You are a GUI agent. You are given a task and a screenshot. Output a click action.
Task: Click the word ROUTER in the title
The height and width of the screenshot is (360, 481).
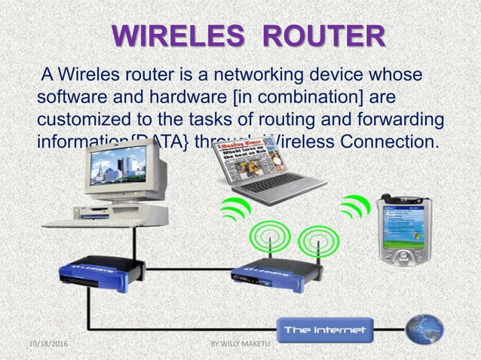tap(326, 38)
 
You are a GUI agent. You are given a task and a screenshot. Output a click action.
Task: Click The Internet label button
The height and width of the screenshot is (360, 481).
tap(324, 330)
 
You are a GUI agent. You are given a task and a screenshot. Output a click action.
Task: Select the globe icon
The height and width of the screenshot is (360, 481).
tap(425, 328)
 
